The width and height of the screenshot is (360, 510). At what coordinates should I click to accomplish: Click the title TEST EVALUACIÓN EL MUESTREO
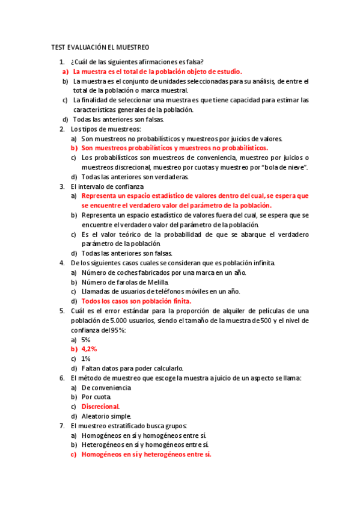[x=100, y=47]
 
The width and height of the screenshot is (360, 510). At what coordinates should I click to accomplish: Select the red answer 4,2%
[x=89, y=349]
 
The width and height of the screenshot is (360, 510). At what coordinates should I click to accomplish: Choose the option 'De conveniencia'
[x=106, y=388]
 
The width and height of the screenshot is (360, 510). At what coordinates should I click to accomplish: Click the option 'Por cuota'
[x=96, y=397]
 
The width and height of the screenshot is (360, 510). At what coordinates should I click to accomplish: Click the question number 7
[x=62, y=426]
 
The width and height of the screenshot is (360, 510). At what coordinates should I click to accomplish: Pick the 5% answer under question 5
[x=86, y=340]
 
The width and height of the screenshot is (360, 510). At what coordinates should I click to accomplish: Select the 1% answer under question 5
[x=86, y=358]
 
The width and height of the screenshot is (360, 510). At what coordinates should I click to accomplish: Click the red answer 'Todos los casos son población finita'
[x=136, y=301]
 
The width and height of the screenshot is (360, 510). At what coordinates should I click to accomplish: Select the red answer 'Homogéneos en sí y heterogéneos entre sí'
[x=146, y=455]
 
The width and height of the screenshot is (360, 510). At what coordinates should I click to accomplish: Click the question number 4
[x=62, y=263]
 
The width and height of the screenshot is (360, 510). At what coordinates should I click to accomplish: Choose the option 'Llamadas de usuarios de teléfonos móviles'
[x=152, y=291]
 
